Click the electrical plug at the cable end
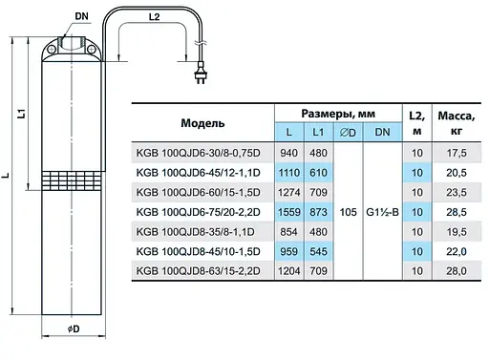pos(201,73)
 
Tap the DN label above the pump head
pos(81,16)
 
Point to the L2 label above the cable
pos(154,17)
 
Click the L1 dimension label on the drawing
pos(21,114)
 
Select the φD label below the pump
pos(74,329)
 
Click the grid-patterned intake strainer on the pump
pos(72,180)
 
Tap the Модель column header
pos(202,123)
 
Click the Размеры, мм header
pos(338,114)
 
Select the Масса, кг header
pos(457,123)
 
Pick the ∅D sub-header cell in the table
pos(348,132)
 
